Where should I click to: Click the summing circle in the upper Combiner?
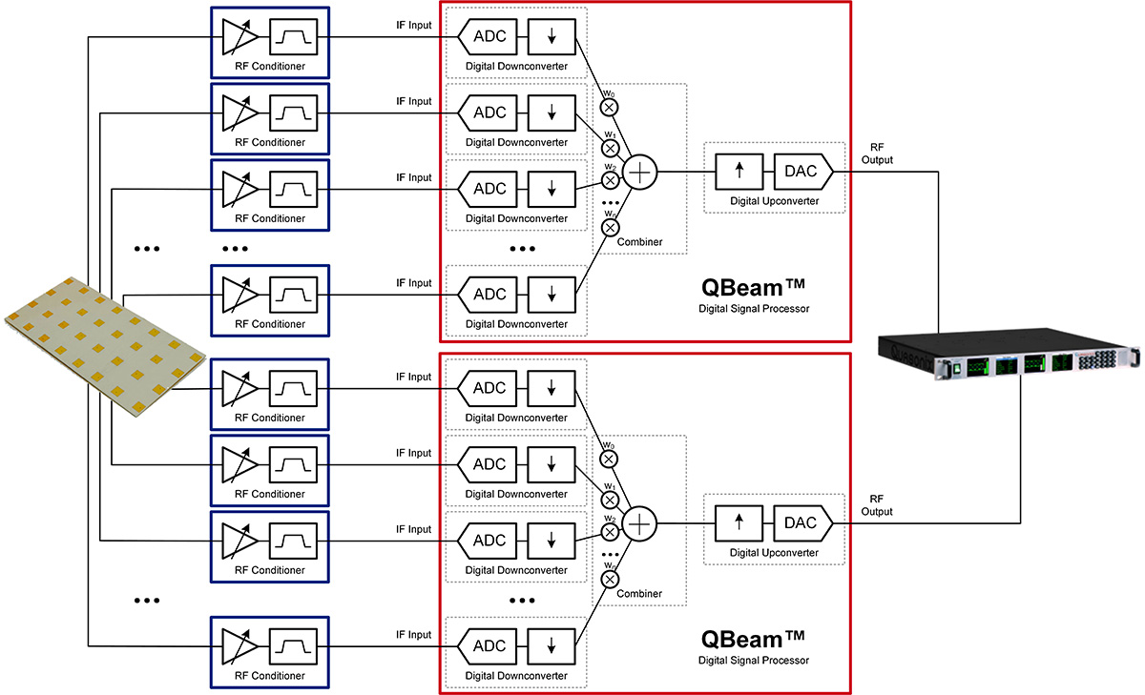tap(640, 172)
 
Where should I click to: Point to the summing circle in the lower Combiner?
tap(640, 521)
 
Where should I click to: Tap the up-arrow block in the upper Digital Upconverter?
tap(740, 172)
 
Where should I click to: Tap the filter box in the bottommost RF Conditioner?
tap(292, 645)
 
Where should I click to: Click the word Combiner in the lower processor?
tap(639, 594)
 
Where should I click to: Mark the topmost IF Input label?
tap(414, 25)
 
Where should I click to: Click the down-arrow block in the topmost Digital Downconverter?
tap(552, 37)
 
